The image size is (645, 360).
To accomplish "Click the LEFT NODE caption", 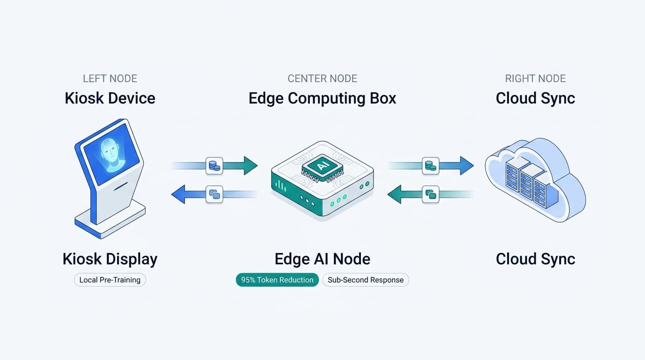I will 110,79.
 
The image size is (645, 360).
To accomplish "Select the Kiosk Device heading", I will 110,98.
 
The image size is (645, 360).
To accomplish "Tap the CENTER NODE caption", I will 322,79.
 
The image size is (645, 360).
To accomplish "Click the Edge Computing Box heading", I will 322,98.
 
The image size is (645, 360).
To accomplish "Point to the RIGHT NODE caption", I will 535,79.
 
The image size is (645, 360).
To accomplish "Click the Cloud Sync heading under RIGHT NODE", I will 535,98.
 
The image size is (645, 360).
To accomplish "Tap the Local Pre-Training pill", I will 110,280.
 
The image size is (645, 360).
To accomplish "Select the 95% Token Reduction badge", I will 277,280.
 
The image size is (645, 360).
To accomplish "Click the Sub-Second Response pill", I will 366,280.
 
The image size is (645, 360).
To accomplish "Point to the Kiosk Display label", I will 110,259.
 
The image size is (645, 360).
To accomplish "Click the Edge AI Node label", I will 322,259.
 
